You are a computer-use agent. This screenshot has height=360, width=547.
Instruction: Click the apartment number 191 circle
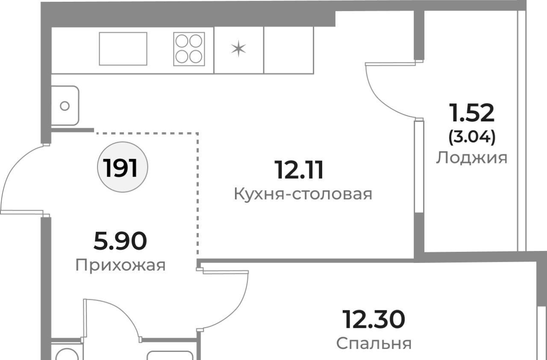click(x=123, y=167)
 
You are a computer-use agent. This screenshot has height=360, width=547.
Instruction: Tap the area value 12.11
click(x=299, y=170)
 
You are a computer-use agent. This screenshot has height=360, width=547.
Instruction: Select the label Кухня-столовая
click(x=303, y=194)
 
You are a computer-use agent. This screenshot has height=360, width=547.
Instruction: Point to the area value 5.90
click(x=120, y=241)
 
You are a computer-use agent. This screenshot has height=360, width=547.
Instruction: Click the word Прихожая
click(x=121, y=265)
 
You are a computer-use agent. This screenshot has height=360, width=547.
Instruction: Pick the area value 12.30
click(x=373, y=319)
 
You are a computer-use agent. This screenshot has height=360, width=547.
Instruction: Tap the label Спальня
click(x=374, y=343)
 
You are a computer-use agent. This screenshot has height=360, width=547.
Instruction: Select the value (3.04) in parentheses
click(x=472, y=137)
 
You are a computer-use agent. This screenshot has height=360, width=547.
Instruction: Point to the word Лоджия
click(x=471, y=158)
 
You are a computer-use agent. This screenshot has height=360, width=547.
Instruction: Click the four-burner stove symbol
click(x=189, y=49)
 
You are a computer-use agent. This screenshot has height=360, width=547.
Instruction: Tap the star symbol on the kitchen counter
click(x=238, y=49)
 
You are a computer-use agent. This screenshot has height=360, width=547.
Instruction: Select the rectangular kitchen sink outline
click(x=123, y=49)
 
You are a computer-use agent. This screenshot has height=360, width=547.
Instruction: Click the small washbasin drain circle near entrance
click(x=65, y=106)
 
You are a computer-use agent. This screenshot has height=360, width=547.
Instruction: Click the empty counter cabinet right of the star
click(x=288, y=50)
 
